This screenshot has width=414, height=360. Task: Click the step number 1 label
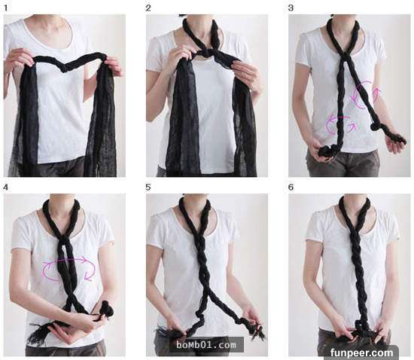[x=6, y=8]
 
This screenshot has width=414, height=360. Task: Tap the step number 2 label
[x=148, y=8]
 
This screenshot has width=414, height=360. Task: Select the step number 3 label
[x=291, y=8]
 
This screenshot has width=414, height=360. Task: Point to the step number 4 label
[x=6, y=188]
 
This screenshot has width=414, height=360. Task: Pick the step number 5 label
[x=148, y=188]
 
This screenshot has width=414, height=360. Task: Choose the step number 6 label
[x=291, y=188]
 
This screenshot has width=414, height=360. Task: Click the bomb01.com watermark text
[x=206, y=345]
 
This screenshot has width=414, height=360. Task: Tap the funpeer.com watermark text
[x=361, y=353]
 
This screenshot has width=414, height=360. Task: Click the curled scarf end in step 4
[x=106, y=310]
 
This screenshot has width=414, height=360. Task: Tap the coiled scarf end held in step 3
[x=328, y=151]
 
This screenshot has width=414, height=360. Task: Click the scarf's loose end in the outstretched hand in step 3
[x=396, y=138]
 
